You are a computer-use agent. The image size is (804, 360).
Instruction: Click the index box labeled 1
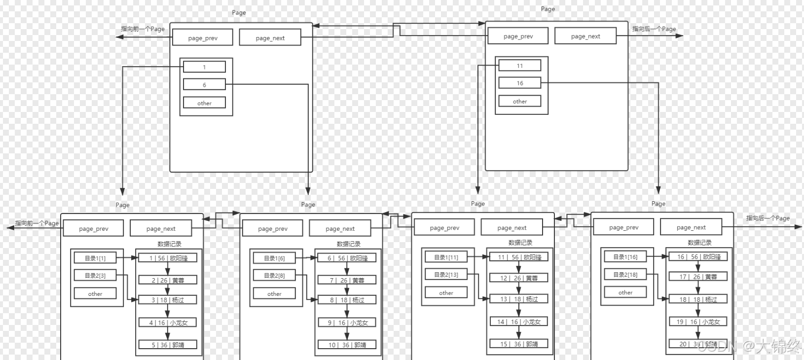point(204,67)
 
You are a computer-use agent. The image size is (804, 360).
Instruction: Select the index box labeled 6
point(204,85)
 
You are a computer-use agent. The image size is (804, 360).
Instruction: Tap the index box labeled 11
point(519,66)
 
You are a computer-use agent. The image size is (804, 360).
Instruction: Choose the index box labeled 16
point(519,83)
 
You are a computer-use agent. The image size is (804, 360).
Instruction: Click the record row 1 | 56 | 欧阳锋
point(168,258)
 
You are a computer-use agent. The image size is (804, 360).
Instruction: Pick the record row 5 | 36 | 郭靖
point(168,345)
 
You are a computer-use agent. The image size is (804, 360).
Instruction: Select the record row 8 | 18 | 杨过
point(347,300)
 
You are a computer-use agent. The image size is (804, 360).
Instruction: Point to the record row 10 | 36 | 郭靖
point(347,345)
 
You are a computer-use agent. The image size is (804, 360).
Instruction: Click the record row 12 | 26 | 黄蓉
point(518,278)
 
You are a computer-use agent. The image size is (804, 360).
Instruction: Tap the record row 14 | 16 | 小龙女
point(518,322)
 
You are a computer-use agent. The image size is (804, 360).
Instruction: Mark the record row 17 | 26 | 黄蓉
point(697,277)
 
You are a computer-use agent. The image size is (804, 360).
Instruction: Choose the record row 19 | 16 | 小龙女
point(697,322)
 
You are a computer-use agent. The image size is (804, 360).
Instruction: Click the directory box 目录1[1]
point(95,258)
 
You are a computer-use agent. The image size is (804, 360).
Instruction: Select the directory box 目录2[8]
point(274,276)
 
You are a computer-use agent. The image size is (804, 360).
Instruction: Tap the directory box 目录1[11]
point(446,257)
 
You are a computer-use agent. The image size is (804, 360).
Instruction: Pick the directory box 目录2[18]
point(625,275)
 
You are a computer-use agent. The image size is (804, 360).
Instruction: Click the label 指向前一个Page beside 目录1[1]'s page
point(37,223)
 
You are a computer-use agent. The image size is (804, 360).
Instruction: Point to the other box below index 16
point(519,102)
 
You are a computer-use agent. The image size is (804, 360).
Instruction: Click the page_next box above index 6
point(270,38)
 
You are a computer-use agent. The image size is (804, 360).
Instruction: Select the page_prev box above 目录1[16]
point(623,227)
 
